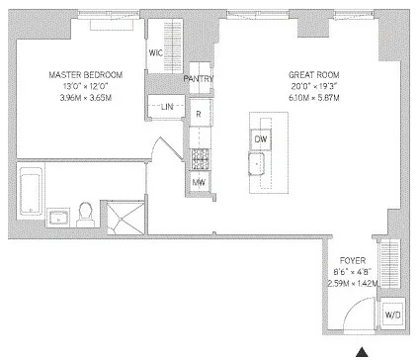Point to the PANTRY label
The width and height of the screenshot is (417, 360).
coord(201,79)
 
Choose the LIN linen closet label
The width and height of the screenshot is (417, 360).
coord(165,107)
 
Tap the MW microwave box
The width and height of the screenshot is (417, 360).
coord(199,182)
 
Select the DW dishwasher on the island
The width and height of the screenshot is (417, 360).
coord(261,139)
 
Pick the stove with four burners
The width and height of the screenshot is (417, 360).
coord(199,156)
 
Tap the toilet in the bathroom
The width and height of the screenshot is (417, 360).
coord(86,213)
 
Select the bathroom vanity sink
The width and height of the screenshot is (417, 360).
coord(55,217)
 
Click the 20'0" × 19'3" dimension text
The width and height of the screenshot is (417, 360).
coord(307,87)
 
